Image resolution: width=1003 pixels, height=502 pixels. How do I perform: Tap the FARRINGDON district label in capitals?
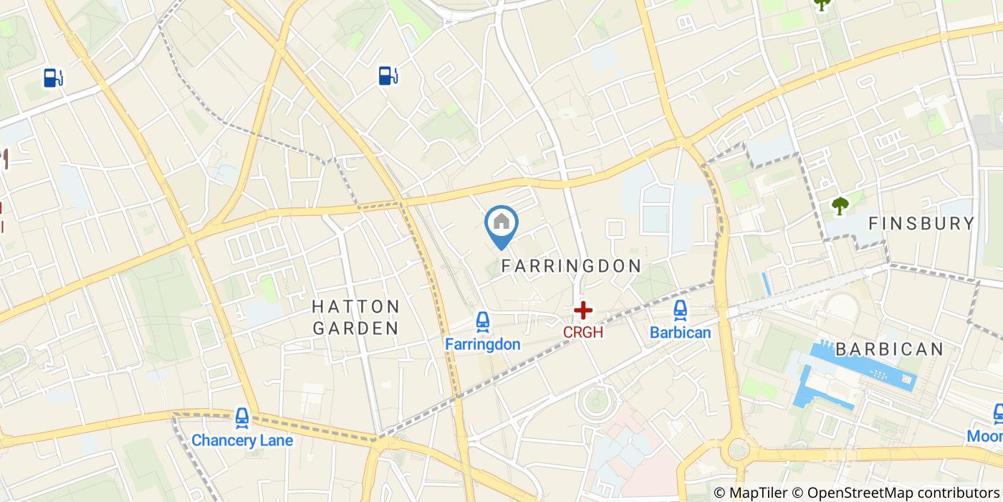coord(571,265)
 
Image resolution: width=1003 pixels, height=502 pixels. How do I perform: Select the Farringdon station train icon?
coord(483,322)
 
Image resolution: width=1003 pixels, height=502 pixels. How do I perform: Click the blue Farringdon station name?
coord(482,344)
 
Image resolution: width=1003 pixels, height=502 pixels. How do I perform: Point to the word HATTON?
coord(356,307)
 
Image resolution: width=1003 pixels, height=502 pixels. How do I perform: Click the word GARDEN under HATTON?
coord(355,328)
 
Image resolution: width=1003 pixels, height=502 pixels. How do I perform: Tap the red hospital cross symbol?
coord(583,311)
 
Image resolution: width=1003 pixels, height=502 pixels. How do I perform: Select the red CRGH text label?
coord(582,333)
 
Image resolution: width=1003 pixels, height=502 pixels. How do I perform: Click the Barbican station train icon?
coord(680,311)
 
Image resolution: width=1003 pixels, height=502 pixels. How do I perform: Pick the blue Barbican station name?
coord(680,333)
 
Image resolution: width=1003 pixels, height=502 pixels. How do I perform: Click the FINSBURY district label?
coord(921,224)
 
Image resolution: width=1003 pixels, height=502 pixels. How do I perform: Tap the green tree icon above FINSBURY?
coord(839,206)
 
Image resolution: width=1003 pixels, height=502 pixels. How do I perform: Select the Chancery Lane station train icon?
coord(242,417)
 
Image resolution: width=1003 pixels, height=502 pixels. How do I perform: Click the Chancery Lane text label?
coord(242,440)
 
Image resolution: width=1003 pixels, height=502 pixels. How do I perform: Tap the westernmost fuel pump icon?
coord(53,77)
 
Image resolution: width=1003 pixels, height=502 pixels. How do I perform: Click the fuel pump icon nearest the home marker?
coord(388,75)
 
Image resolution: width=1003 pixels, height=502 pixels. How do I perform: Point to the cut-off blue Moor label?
coord(984,436)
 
